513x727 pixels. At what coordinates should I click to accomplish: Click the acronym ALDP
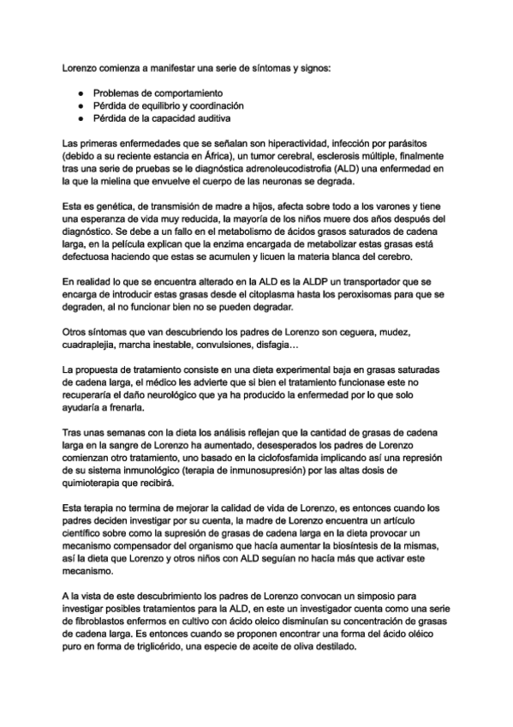pos(294,280)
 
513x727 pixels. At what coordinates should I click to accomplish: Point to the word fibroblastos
pos(104,623)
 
